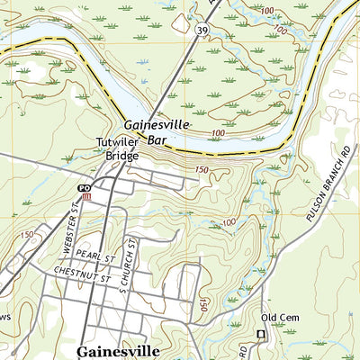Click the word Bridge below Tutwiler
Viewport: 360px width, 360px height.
(121, 156)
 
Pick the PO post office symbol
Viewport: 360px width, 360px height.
(85, 187)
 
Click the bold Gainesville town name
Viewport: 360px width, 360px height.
(119, 350)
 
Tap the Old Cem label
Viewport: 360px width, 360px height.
(277, 318)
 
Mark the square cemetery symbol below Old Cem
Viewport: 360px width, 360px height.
(262, 334)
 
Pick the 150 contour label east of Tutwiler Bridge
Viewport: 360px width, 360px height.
(200, 169)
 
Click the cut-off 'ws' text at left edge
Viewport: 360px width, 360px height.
(4, 318)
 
